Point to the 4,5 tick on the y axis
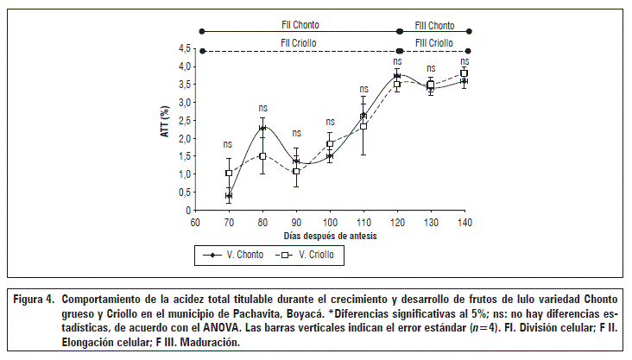182,48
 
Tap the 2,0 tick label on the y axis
182,138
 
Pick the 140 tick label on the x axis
465,222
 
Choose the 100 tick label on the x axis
330,222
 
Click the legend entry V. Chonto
236,256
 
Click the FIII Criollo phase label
434,42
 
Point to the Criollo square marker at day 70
229,174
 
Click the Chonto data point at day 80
262,128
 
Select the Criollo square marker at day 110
363,126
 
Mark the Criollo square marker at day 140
465,73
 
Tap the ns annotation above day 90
296,133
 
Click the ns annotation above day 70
228,144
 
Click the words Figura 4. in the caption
35,300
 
